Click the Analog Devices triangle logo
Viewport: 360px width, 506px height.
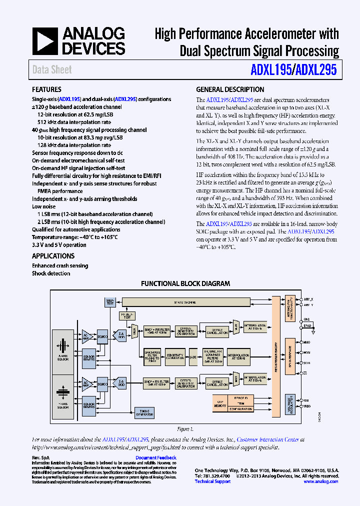45,40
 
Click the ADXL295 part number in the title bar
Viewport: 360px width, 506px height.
316,70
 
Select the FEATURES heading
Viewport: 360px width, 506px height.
47,90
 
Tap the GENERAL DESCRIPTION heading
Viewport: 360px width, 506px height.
230,90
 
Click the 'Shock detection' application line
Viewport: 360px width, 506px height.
51,273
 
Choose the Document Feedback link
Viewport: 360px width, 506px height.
156,457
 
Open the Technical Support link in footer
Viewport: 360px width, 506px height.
212,481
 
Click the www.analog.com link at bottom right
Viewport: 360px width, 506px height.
320,481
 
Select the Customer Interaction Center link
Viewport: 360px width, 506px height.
267,439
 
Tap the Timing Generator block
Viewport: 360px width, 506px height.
144,412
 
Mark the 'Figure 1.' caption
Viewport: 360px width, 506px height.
184,429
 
